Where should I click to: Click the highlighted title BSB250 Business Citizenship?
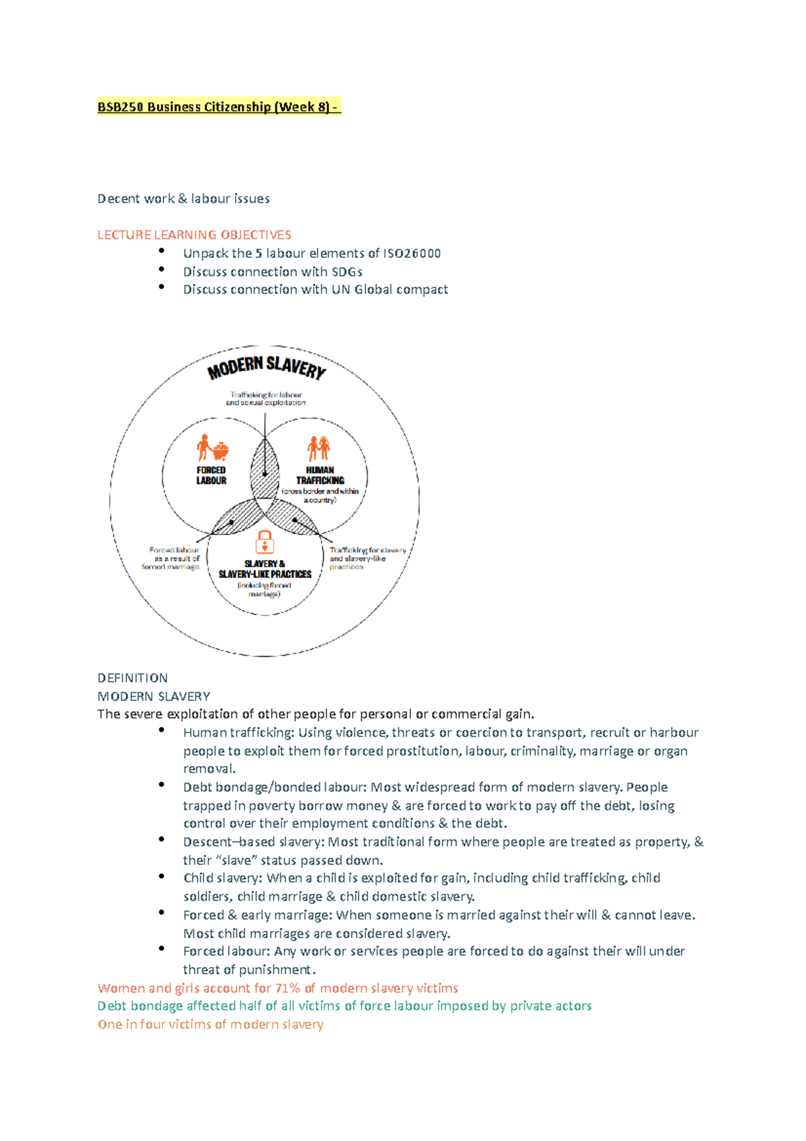pyautogui.click(x=219, y=107)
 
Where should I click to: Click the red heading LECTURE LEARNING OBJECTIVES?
pyautogui.click(x=194, y=235)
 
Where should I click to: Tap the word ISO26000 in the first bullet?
pyautogui.click(x=412, y=253)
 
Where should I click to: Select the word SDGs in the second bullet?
pyautogui.click(x=347, y=271)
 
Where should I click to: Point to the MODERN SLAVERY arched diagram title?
pyautogui.click(x=267, y=367)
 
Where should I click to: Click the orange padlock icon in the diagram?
pyautogui.click(x=265, y=542)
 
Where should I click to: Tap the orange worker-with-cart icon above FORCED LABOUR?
pyautogui.click(x=212, y=448)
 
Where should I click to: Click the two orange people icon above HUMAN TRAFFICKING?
pyautogui.click(x=319, y=448)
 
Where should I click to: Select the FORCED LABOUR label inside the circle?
pyautogui.click(x=211, y=475)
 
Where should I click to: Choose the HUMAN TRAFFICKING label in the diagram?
pyautogui.click(x=320, y=475)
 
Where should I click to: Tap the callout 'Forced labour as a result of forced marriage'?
pyautogui.click(x=172, y=558)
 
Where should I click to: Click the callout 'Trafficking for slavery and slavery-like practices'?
pyautogui.click(x=366, y=558)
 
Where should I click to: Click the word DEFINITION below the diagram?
pyautogui.click(x=132, y=678)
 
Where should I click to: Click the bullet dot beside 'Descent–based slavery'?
pyautogui.click(x=162, y=839)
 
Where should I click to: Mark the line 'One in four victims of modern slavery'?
pyautogui.click(x=210, y=1024)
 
